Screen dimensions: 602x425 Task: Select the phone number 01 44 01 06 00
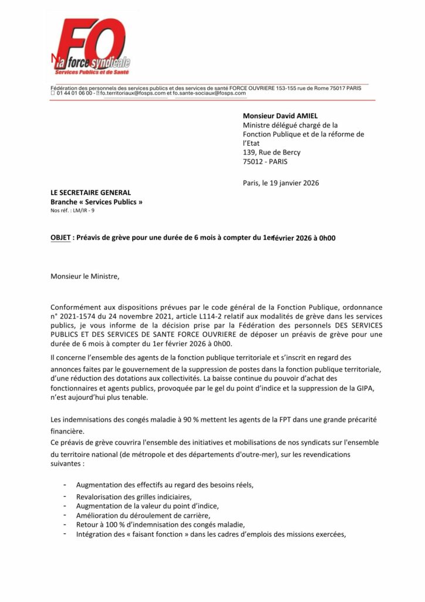tap(74, 93)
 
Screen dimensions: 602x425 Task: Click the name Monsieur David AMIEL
tap(279, 116)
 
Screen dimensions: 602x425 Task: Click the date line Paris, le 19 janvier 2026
tap(281, 183)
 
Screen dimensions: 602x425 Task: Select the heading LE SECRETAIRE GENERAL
tap(90, 192)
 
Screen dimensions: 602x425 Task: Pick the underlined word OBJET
tap(60, 238)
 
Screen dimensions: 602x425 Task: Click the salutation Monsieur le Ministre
tap(85, 275)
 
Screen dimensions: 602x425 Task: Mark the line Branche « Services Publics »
tap(96, 202)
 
